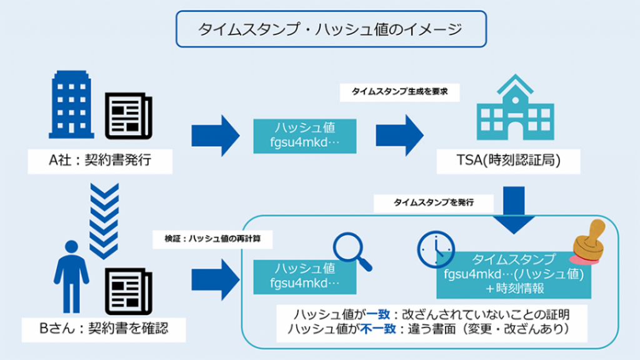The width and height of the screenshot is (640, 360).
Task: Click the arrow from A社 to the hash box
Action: point(216,135)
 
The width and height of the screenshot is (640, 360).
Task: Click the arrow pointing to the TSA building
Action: point(400,135)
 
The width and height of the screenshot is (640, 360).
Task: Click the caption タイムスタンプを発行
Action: point(434,202)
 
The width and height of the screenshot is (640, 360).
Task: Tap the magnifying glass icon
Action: point(351,251)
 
